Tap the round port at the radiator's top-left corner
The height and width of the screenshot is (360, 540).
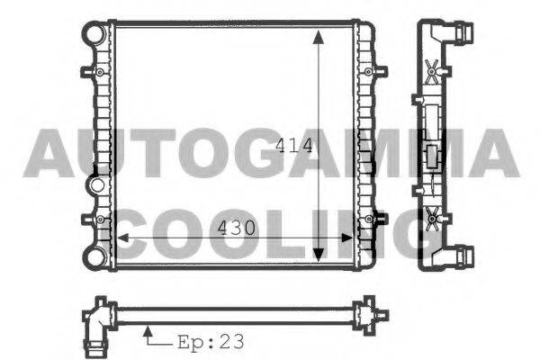94,34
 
